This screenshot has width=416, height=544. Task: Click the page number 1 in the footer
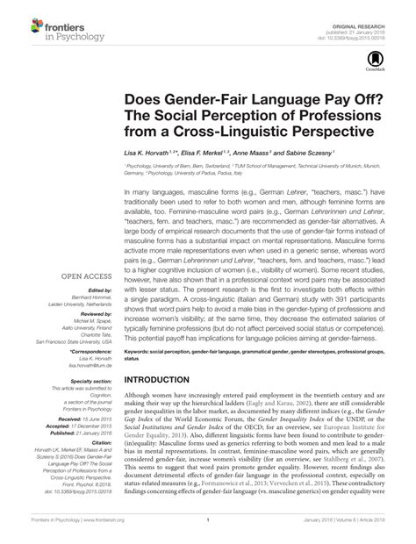(x=207, y=531)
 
